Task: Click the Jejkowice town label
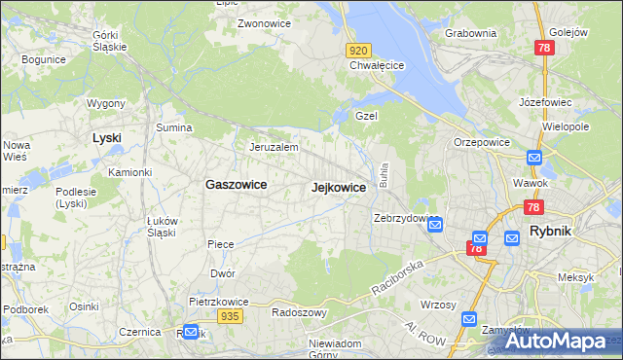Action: tap(338, 187)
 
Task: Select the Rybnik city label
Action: tap(556, 231)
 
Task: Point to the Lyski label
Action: tap(106, 137)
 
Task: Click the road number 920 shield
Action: tap(358, 50)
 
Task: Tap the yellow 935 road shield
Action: tap(230, 316)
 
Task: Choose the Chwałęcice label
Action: tap(377, 66)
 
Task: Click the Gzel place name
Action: tap(366, 115)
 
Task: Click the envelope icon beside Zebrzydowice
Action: tap(435, 226)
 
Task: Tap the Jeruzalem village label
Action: tap(273, 147)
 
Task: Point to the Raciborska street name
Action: tap(397, 277)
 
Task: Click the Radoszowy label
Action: tap(299, 312)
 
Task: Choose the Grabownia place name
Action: tap(470, 33)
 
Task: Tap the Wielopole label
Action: tap(567, 126)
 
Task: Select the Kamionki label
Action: tap(130, 172)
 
